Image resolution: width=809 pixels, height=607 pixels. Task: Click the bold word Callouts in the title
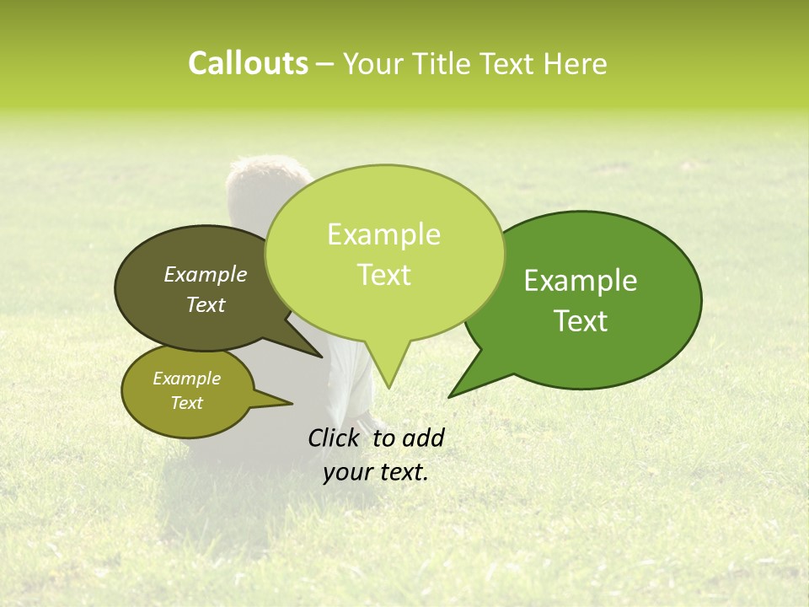pos(248,63)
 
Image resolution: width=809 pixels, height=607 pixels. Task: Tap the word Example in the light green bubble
pos(383,234)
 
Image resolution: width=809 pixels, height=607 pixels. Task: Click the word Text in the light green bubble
pos(383,275)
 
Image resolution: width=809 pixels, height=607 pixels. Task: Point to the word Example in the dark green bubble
pos(581,281)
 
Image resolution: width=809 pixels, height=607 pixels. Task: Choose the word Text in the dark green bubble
pos(581,321)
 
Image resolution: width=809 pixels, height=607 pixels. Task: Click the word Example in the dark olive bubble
pos(205,274)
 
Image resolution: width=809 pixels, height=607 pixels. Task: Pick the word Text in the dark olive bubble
pos(205,304)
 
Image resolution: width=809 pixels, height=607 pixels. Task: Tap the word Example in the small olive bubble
pos(186,379)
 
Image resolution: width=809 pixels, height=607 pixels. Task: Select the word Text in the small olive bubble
pos(186,403)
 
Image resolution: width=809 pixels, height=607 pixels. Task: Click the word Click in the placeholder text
pos(335,438)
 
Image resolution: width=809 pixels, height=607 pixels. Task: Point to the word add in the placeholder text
pos(423,438)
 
